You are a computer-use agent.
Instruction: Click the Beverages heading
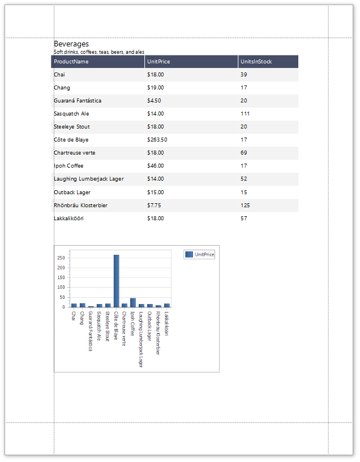click(71, 44)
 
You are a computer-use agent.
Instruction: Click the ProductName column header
click(71, 62)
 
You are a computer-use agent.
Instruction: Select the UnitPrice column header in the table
click(158, 62)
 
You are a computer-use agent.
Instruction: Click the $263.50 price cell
click(157, 140)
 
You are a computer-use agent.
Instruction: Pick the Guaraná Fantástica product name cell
click(78, 101)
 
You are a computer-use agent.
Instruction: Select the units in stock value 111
click(245, 114)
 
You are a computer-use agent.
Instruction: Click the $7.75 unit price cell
click(154, 206)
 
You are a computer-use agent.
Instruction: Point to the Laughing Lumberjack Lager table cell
click(89, 179)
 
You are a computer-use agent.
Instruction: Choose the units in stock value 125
click(245, 206)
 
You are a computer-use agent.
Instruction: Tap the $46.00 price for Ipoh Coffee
click(156, 166)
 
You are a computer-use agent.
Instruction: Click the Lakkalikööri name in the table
click(68, 219)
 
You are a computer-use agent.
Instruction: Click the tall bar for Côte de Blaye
click(116, 280)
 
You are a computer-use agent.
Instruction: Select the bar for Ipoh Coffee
click(133, 302)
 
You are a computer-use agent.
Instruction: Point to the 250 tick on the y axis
click(61, 258)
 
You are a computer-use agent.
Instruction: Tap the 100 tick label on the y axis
click(61, 287)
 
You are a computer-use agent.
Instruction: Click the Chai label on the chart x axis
click(74, 315)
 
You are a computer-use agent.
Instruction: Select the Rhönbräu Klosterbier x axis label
click(158, 333)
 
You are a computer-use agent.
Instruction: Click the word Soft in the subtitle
click(58, 52)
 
